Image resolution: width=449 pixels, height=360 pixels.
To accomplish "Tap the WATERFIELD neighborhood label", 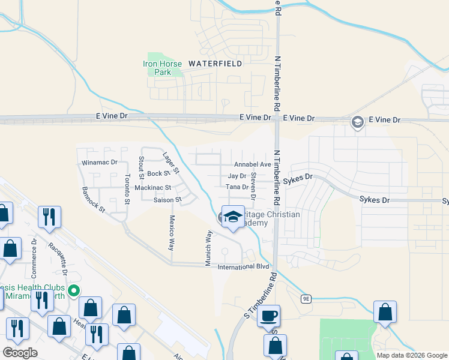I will click(x=215, y=63).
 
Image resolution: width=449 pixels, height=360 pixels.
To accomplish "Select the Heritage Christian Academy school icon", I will click(x=232, y=217).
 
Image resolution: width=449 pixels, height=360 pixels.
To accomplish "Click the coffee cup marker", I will click(x=268, y=315).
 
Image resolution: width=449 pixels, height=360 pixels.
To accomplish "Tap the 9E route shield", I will click(x=306, y=298).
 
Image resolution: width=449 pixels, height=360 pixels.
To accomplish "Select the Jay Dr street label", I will click(x=237, y=176).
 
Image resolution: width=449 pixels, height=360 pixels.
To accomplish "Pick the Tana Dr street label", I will click(x=237, y=187).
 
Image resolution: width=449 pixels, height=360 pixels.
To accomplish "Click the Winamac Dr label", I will click(x=98, y=163).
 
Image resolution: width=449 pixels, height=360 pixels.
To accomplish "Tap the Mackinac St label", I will click(x=153, y=188).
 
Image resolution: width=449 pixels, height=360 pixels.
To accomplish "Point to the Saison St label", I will click(x=167, y=200).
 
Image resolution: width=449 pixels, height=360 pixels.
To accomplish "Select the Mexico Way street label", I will click(x=172, y=232).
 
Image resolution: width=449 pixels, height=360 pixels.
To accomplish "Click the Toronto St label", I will click(x=127, y=188).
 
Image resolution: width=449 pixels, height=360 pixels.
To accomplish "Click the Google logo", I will click(x=20, y=353).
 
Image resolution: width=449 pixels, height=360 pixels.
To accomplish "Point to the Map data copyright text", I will click(x=412, y=355).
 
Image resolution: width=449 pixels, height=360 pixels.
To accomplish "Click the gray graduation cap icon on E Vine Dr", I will click(x=357, y=122).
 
